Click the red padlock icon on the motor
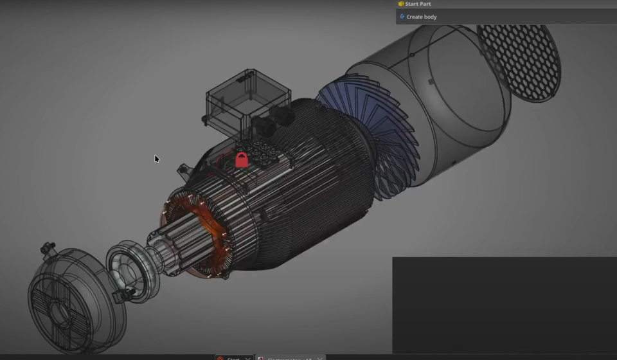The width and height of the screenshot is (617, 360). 242,160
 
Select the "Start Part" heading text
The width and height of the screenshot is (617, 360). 418,4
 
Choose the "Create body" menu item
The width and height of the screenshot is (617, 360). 421,17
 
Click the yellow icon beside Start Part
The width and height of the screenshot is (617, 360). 401,4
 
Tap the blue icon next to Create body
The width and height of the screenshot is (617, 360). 402,17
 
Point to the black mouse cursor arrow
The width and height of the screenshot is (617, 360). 156,158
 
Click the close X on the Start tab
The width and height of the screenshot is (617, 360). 248,357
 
